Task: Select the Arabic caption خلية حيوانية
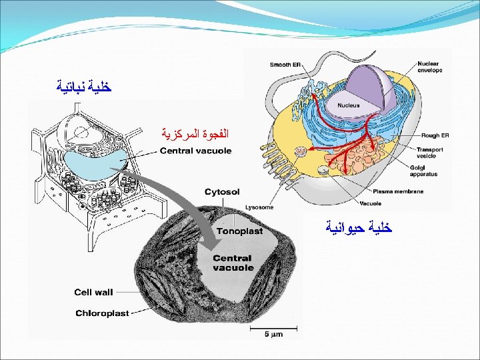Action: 358,227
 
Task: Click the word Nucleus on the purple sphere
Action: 347,105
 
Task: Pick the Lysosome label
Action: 259,207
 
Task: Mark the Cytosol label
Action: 222,191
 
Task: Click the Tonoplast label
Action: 241,231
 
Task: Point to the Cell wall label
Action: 93,292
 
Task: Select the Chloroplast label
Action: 101,313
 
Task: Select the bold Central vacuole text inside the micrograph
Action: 233,263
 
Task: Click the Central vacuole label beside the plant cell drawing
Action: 195,151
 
